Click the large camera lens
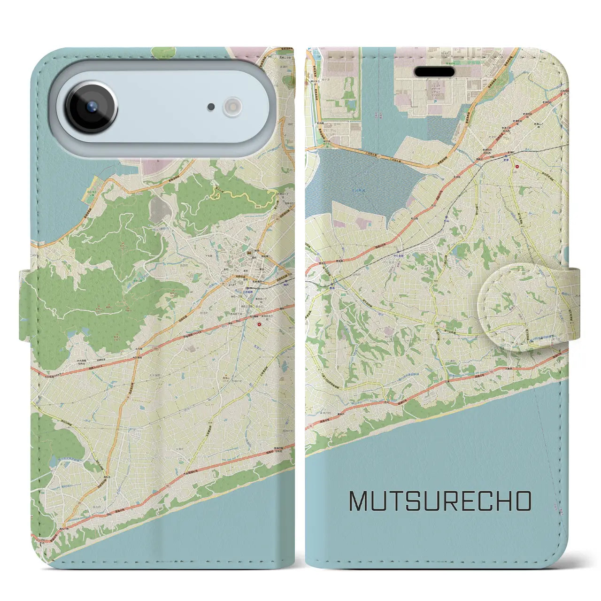pos(91,107)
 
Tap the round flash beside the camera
pos(231,107)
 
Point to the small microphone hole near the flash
pos(211,107)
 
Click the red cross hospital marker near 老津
pos(517,165)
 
